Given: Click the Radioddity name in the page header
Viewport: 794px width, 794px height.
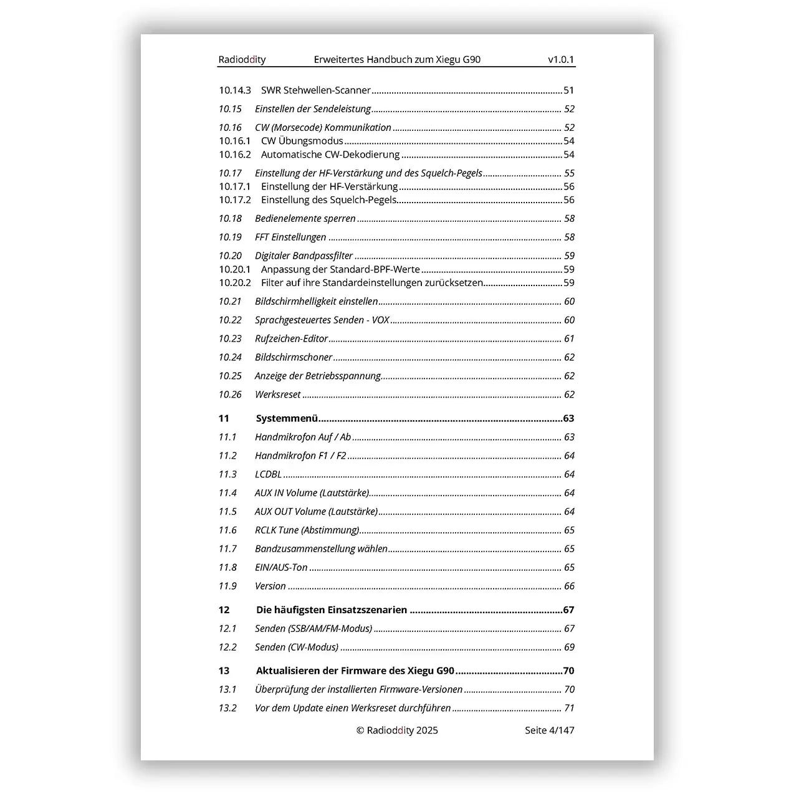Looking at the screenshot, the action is coord(242,60).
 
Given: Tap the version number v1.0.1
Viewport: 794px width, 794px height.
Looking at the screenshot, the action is coord(561,60).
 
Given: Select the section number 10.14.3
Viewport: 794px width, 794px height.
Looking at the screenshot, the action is coord(234,90).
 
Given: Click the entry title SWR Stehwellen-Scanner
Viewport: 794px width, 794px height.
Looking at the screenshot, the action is coord(315,90).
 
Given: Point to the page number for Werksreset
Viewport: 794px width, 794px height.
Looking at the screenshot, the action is coord(569,395).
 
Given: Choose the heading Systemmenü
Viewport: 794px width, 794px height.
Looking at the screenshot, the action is coord(287,418).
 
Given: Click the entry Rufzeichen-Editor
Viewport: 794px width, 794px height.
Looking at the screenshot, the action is coord(291,338).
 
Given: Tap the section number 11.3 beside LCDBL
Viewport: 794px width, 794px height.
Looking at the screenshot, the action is coord(227,474).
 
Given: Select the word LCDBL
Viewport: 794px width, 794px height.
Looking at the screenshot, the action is coord(268,474).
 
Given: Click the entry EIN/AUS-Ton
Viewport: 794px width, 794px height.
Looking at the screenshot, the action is coord(281,567).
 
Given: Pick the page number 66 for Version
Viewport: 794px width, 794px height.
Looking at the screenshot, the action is coord(569,586).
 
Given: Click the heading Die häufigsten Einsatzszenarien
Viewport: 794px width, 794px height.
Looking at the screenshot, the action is coord(331,610).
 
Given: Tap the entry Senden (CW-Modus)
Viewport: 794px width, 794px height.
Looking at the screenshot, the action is coord(297,647).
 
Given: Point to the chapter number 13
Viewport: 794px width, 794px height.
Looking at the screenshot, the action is coord(224,671).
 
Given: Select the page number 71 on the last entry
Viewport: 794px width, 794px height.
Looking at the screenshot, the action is coord(569,708).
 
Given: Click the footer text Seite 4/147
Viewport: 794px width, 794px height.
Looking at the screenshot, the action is coord(549,730).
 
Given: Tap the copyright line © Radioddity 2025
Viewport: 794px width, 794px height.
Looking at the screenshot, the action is coord(397,730).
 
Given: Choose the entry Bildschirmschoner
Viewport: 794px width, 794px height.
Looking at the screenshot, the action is coord(294,357).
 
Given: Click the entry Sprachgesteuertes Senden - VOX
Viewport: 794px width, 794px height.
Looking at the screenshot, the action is coord(322,320).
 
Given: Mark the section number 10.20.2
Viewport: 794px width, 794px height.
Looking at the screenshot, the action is coord(234,282).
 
